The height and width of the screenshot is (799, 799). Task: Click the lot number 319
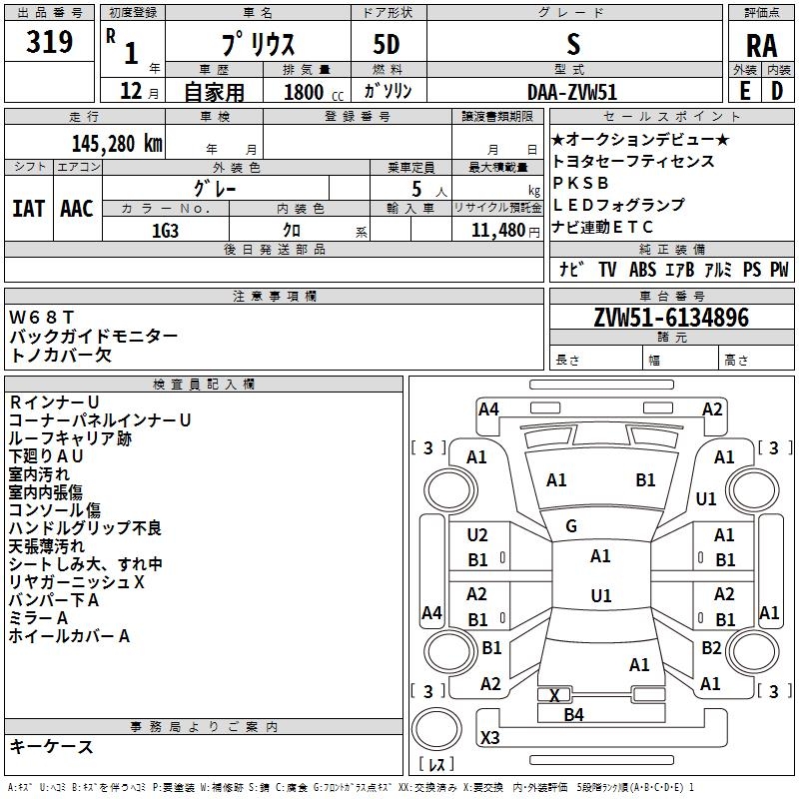click(x=49, y=41)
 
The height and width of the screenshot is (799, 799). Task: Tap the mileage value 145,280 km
click(x=117, y=144)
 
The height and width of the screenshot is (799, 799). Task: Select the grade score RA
click(x=762, y=46)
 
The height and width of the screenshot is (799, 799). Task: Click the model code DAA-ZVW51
click(x=572, y=92)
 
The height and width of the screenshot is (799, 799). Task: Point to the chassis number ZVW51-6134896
click(x=671, y=318)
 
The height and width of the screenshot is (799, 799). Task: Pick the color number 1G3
click(x=165, y=231)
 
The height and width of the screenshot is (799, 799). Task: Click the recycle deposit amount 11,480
click(x=498, y=231)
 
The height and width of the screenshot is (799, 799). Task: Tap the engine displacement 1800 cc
click(x=314, y=92)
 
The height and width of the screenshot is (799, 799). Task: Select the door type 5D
click(x=387, y=44)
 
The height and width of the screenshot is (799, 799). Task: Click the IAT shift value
click(x=28, y=209)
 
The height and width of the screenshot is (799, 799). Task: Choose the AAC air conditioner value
click(x=77, y=209)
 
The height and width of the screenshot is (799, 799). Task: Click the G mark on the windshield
click(x=571, y=526)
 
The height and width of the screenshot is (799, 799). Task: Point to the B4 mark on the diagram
click(x=573, y=715)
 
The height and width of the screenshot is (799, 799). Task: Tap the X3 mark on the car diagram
click(x=489, y=737)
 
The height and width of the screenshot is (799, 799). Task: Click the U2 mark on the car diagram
click(x=477, y=535)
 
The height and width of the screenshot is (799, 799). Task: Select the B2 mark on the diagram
click(x=711, y=647)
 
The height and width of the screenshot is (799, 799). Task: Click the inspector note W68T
click(x=42, y=318)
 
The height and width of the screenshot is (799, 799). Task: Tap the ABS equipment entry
click(x=642, y=269)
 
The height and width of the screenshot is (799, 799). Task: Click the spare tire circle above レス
click(x=436, y=728)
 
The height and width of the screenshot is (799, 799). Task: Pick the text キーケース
click(x=52, y=746)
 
